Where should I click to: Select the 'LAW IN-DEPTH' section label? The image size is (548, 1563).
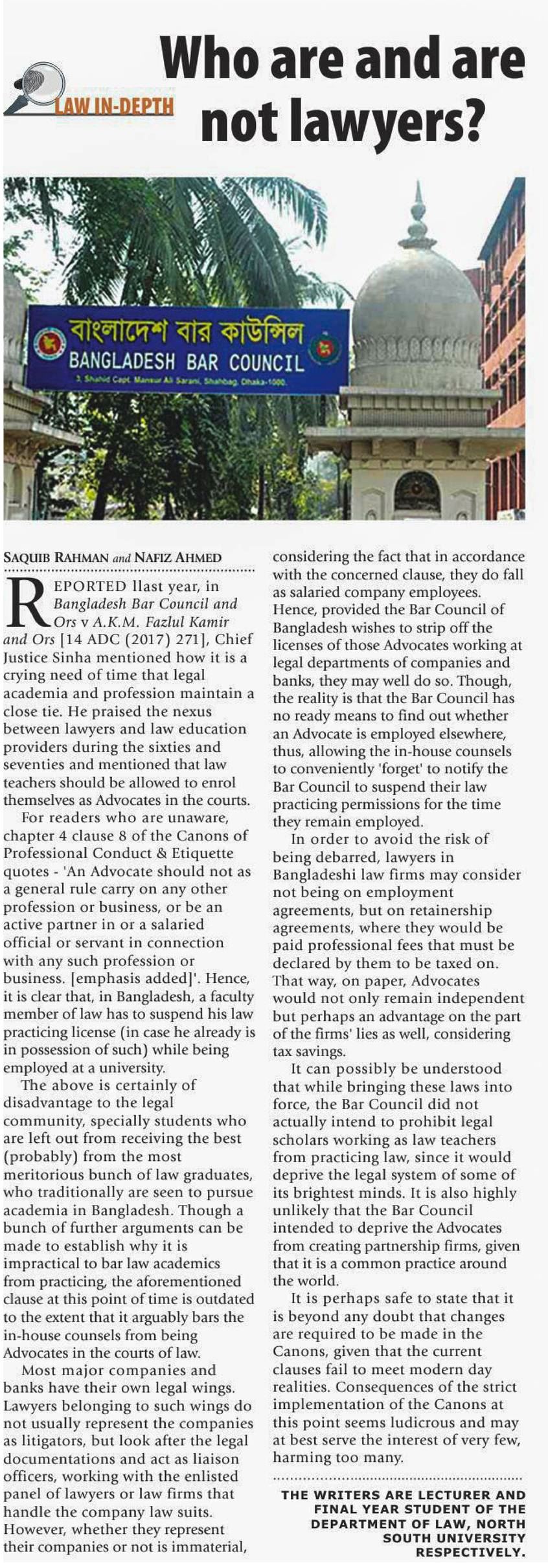click(114, 106)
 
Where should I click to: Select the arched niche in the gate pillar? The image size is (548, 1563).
click(417, 491)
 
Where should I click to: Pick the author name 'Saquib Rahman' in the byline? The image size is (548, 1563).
click(54, 557)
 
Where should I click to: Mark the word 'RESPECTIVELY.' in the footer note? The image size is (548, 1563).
click(470, 1553)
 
